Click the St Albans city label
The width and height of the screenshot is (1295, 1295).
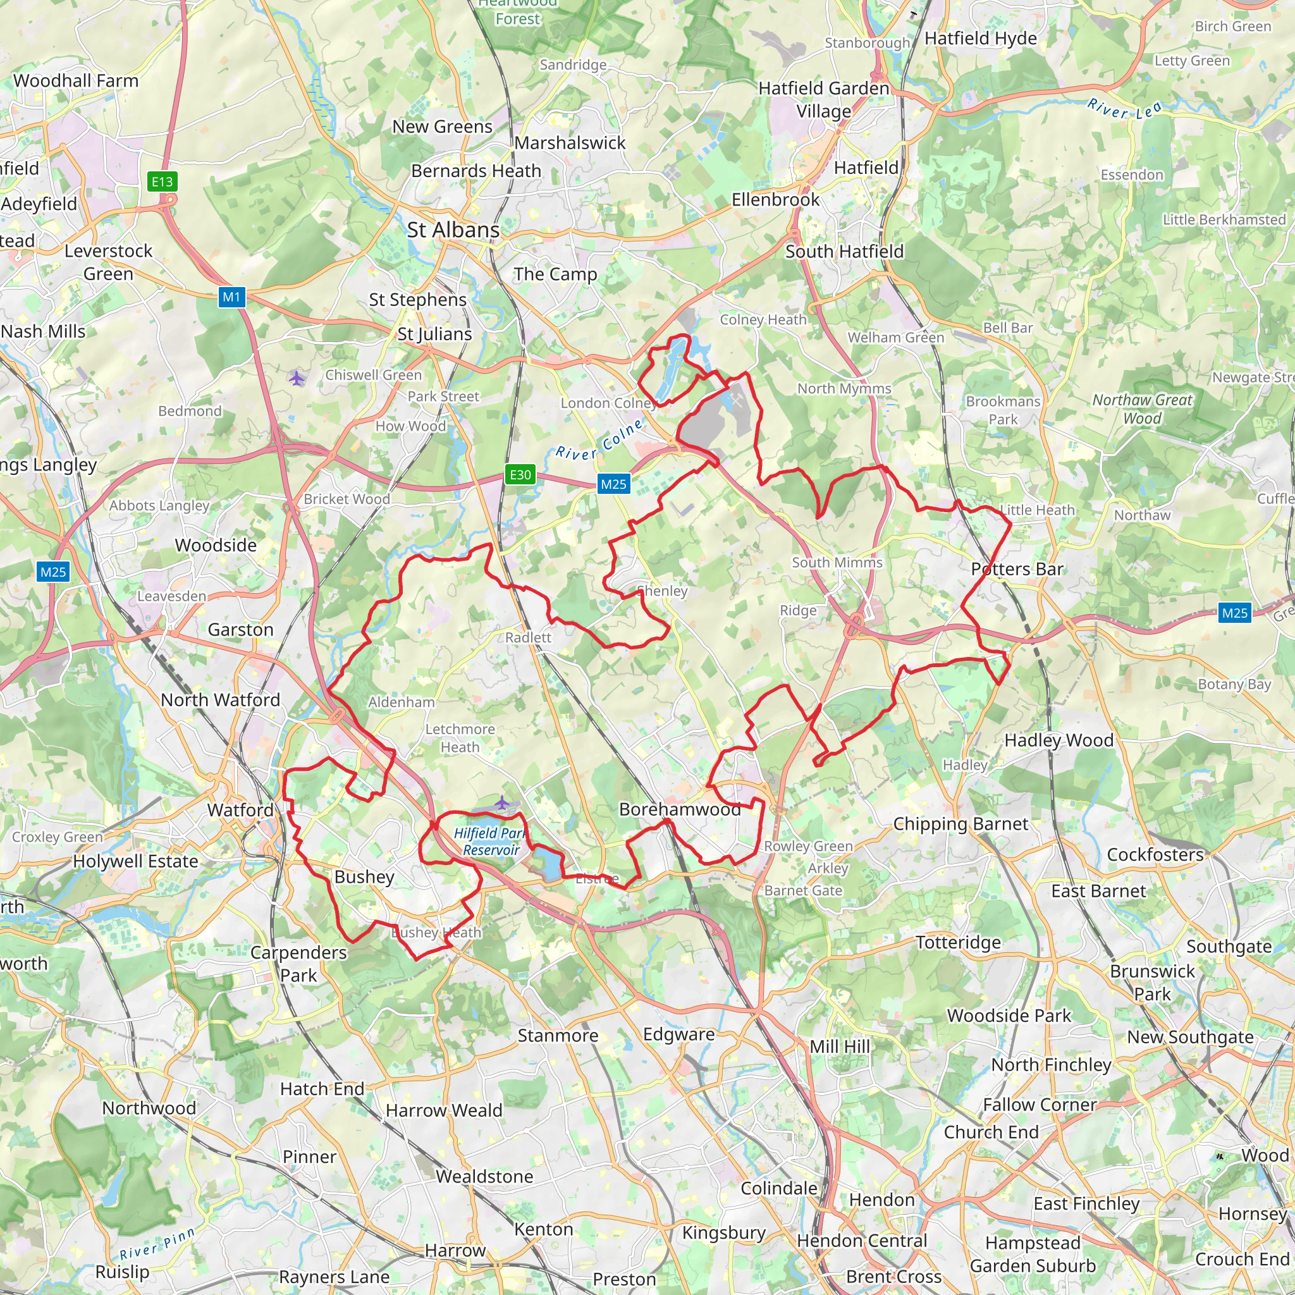click(453, 230)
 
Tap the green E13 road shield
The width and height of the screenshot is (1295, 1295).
click(163, 181)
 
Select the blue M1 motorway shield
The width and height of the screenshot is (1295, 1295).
click(231, 297)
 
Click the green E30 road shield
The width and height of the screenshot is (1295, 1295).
click(520, 475)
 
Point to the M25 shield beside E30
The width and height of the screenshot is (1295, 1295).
click(613, 484)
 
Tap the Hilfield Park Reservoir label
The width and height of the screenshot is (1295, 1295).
click(489, 841)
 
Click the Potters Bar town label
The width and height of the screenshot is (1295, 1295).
click(1017, 569)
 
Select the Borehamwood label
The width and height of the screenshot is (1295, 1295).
click(679, 809)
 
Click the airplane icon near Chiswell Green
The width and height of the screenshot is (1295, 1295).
click(297, 379)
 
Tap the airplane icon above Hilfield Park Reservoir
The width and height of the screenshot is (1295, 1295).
click(502, 802)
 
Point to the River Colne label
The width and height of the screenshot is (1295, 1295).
click(600, 439)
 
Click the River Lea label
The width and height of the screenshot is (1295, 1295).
click(1125, 109)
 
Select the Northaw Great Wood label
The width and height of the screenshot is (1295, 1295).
click(1142, 409)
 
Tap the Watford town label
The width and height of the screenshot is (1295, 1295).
click(240, 810)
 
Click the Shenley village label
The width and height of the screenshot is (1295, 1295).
click(662, 591)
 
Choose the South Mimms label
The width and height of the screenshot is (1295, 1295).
click(837, 562)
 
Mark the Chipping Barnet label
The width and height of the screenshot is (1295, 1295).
click(960, 824)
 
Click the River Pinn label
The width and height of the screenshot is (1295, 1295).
click(157, 1252)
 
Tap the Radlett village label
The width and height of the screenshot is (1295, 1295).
click(528, 637)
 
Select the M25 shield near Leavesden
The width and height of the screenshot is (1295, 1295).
click(53, 572)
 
